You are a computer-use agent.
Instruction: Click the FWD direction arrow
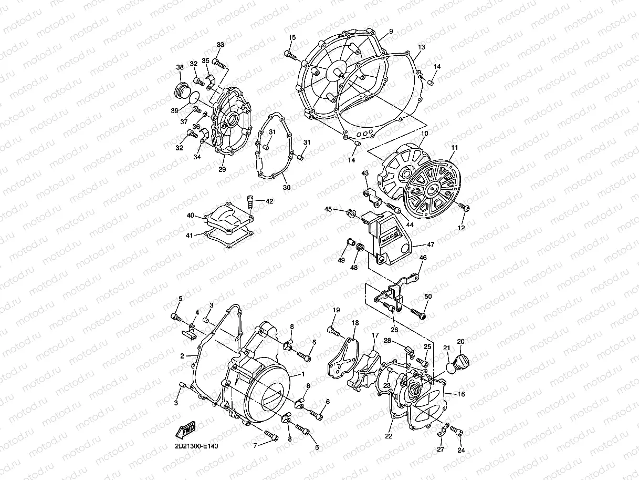tap(186, 429)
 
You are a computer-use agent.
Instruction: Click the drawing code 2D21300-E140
tap(197, 446)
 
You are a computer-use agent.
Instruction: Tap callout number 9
tap(390, 31)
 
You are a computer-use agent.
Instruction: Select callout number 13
tap(421, 47)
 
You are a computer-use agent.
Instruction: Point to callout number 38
tap(180, 67)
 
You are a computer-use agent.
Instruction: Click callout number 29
tap(222, 169)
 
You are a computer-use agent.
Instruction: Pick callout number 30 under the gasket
tap(286, 187)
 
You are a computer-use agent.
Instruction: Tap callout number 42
tap(269, 201)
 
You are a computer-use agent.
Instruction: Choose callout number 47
tap(431, 244)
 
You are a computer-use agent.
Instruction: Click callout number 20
tap(461, 342)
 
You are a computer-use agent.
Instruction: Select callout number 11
tap(454, 148)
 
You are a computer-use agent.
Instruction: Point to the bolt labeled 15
tap(289, 54)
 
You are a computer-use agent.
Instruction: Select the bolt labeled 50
tap(419, 314)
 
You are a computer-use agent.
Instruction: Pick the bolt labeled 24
tap(455, 431)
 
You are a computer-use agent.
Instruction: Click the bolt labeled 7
tap(270, 435)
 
